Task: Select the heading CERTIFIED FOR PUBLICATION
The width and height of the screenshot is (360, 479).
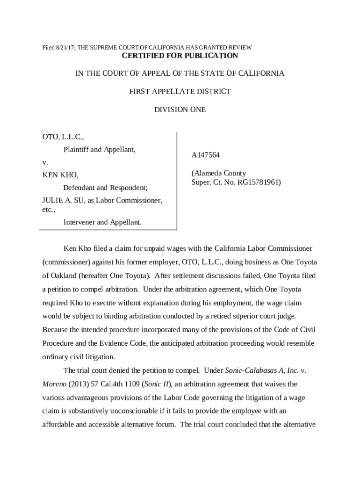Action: point(180,56)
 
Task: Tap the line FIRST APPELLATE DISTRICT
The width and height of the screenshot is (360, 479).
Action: point(180,92)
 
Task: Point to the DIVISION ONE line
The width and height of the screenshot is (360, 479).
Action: point(180,110)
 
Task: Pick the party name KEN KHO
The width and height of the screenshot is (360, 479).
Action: point(60,175)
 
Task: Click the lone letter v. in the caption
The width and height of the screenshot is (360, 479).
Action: point(45,163)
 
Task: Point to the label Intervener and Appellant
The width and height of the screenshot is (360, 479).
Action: point(102,222)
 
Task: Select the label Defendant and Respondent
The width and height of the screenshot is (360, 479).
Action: point(105,188)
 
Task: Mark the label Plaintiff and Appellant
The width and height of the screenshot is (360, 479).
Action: point(100,150)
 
